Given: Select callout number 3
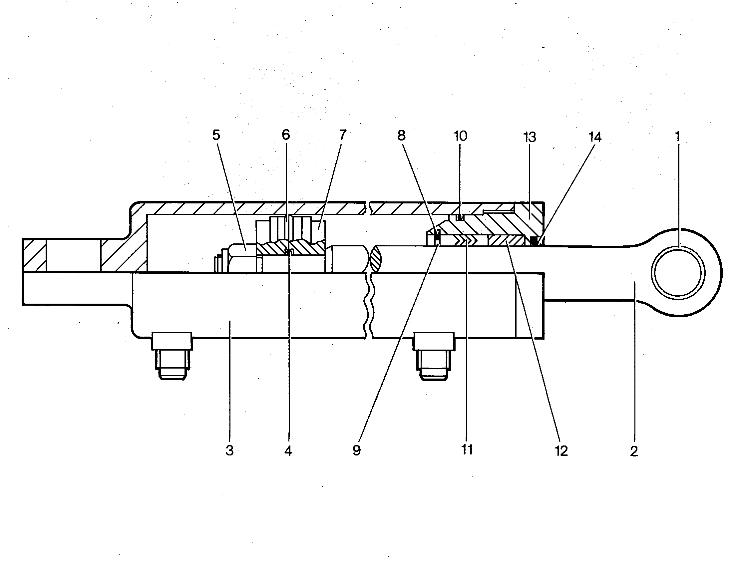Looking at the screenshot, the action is tap(229, 451).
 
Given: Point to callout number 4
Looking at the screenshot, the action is tap(288, 451).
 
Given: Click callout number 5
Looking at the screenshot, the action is tap(216, 135).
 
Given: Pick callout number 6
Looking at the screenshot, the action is tap(286, 135).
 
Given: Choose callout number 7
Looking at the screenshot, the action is tap(342, 135).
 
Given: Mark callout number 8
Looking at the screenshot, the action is tap(401, 135).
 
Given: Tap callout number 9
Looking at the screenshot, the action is tap(357, 451).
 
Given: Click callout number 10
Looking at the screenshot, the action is tap(460, 136).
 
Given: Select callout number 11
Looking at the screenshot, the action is tap(467, 450).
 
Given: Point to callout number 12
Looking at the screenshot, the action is tap(561, 451).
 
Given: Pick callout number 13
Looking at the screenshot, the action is tap(530, 137).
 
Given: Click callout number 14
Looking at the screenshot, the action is tap(595, 137).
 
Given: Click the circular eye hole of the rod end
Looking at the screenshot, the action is tap(679, 273).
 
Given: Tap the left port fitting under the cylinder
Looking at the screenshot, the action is tap(172, 356).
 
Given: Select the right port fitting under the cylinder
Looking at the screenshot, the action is tap(434, 356).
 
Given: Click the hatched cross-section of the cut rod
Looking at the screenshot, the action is tap(375, 259).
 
